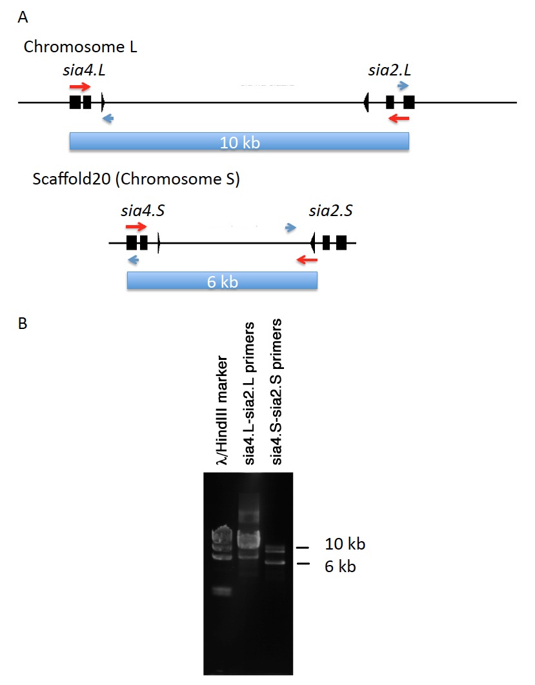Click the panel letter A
pyautogui.click(x=23, y=17)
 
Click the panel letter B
pyautogui.click(x=23, y=323)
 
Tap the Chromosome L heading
pyautogui.click(x=81, y=46)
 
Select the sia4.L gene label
pyautogui.click(x=84, y=70)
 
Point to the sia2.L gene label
pyautogui.click(x=389, y=70)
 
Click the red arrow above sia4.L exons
pyautogui.click(x=80, y=86)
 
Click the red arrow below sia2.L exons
pyautogui.click(x=399, y=118)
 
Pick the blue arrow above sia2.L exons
pyautogui.click(x=403, y=86)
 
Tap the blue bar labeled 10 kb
pyautogui.click(x=239, y=141)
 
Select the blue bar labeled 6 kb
pyautogui.click(x=222, y=281)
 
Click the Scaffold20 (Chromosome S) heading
pyautogui.click(x=136, y=179)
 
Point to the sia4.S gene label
pyautogui.click(x=143, y=211)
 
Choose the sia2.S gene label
pyautogui.click(x=330, y=211)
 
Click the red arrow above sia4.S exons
pyautogui.click(x=136, y=226)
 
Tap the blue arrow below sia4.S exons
pyautogui.click(x=134, y=260)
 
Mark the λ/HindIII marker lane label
pyautogui.click(x=223, y=410)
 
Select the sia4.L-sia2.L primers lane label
pyautogui.click(x=249, y=393)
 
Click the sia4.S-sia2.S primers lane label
pyautogui.click(x=276, y=392)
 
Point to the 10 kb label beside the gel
pyautogui.click(x=345, y=544)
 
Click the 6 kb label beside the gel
pyautogui.click(x=340, y=566)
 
